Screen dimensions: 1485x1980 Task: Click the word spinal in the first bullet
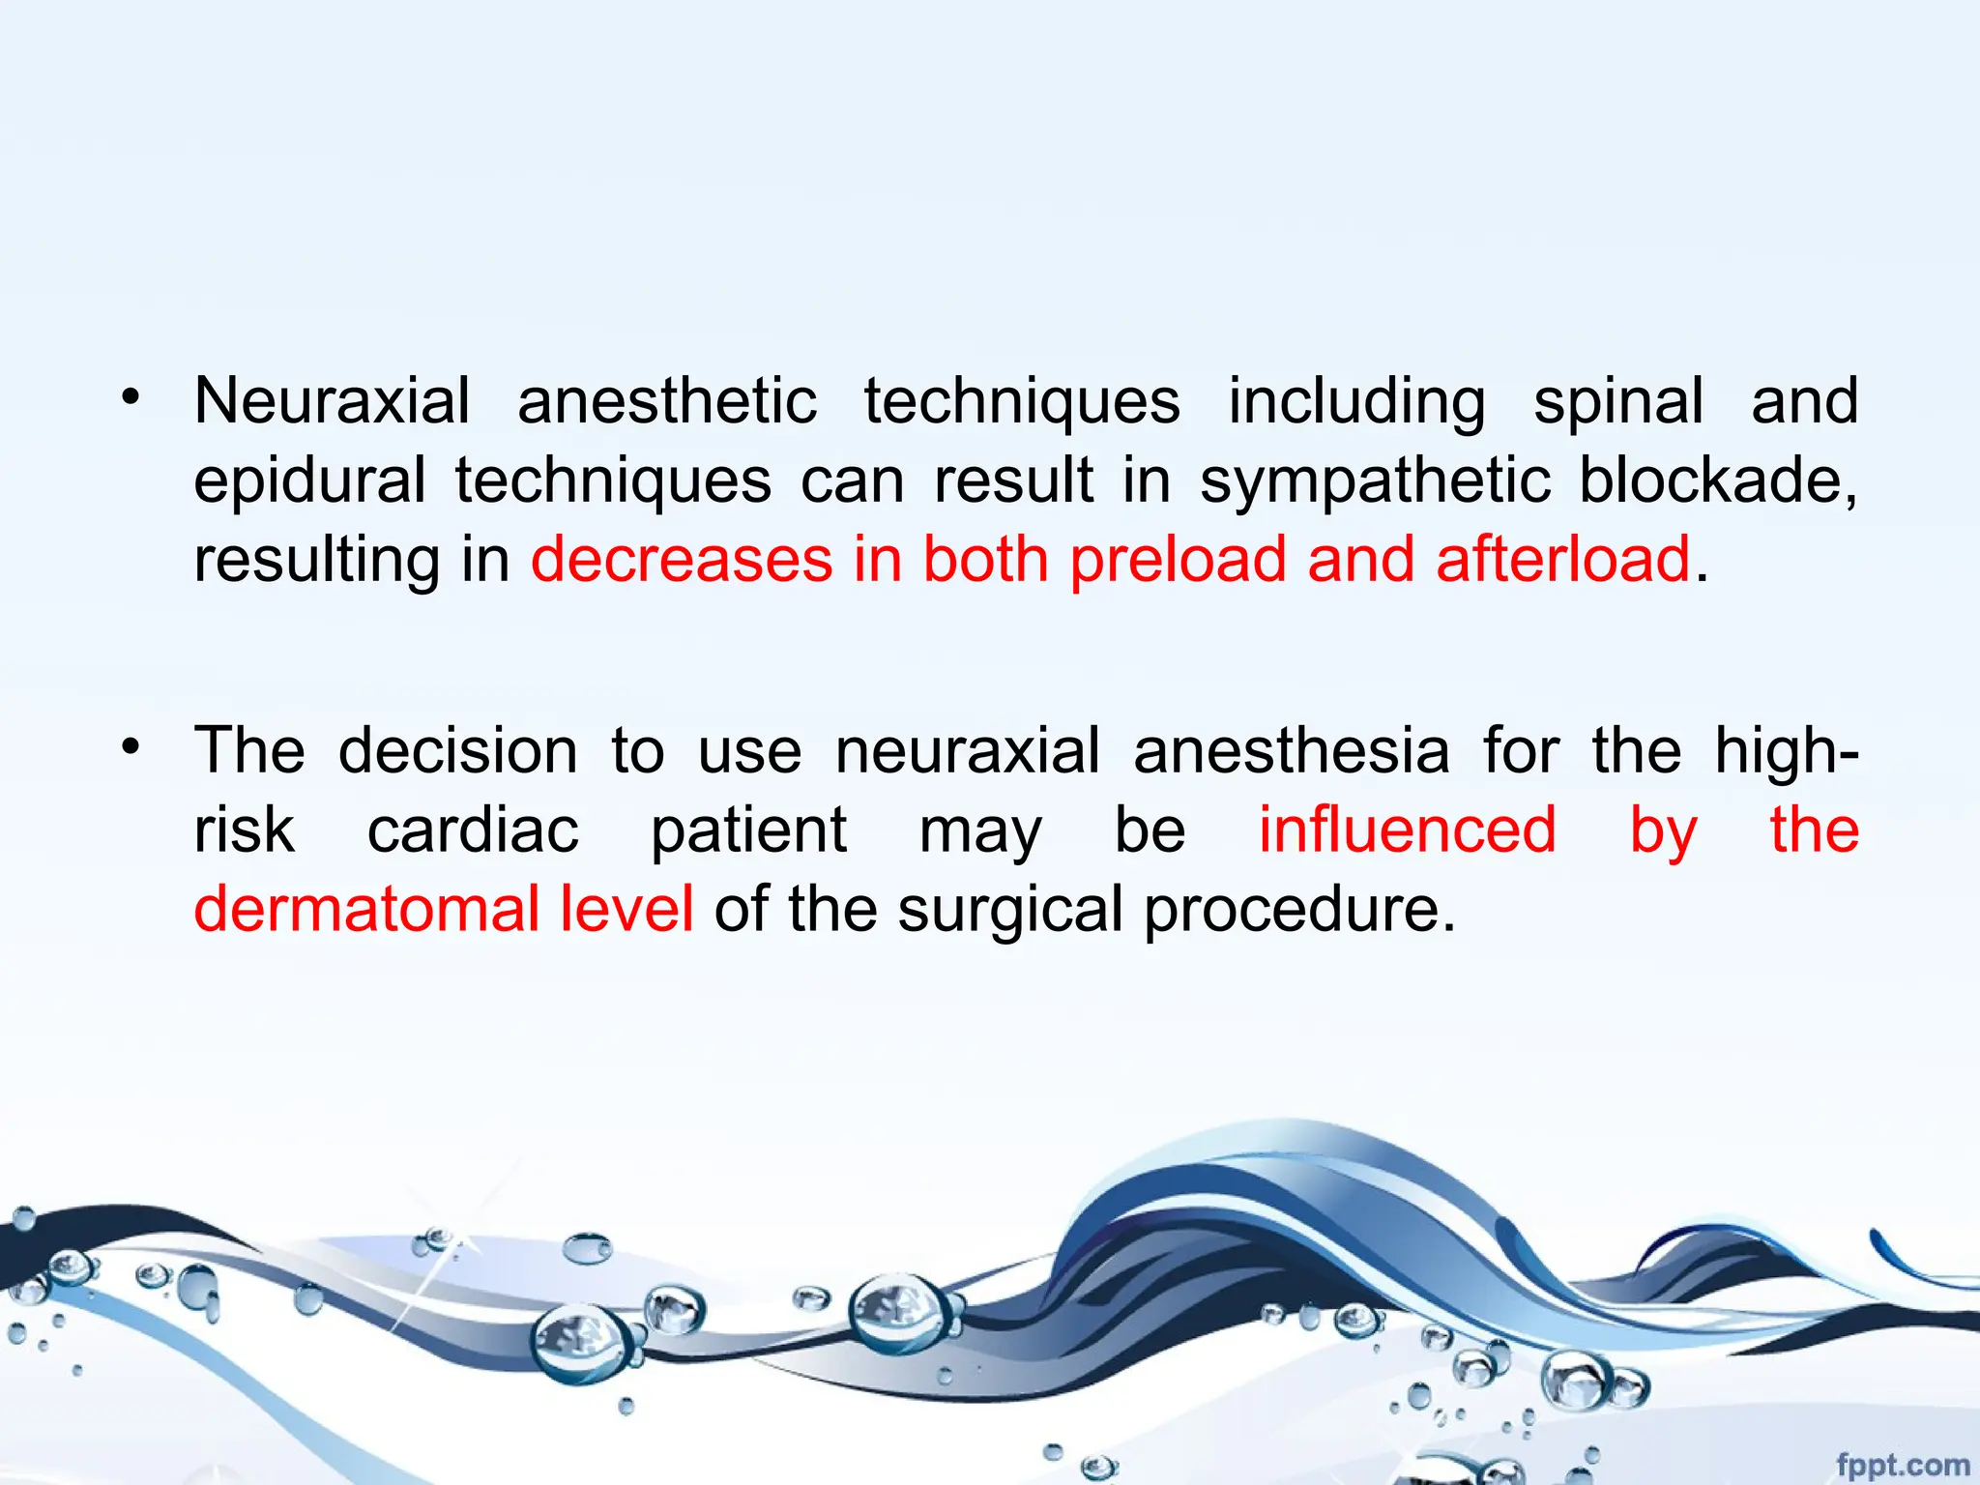[x=1618, y=401]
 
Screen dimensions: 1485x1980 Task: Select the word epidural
[x=309, y=480]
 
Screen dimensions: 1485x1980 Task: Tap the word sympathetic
[x=1375, y=480]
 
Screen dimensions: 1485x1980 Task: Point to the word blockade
[x=1717, y=480]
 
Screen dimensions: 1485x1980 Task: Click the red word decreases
[x=682, y=560]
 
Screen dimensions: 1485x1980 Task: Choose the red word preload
[x=1178, y=560]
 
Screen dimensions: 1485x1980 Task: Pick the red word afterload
[x=1562, y=560]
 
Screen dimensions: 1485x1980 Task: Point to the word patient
[x=748, y=831]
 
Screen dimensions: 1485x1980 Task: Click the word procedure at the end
[x=1298, y=911]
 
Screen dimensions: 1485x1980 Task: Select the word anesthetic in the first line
[x=667, y=401]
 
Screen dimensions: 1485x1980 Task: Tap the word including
[x=1356, y=401]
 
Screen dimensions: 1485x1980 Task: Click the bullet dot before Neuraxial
[x=131, y=396]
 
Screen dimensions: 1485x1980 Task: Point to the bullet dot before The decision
[x=131, y=745]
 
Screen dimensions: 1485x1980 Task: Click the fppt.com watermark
[x=1902, y=1465]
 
